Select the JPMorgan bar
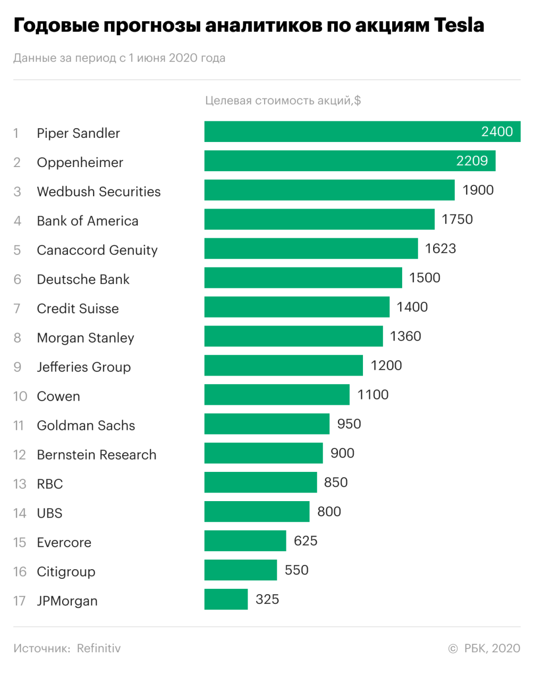(x=226, y=600)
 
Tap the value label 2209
(x=472, y=161)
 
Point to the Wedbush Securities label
(x=99, y=192)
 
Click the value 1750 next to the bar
(x=457, y=219)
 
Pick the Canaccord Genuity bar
(x=311, y=248)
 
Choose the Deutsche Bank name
(x=83, y=279)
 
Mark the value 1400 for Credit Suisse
(x=412, y=307)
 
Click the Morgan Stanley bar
(x=293, y=336)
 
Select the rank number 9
(x=18, y=367)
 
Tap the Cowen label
(x=58, y=396)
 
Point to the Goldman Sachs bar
(x=267, y=424)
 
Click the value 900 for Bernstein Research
(x=342, y=453)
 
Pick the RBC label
(x=50, y=484)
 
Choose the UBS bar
(x=257, y=512)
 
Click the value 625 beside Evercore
(x=306, y=541)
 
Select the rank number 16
(x=20, y=572)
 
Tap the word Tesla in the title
(x=459, y=25)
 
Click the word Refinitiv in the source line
(x=99, y=648)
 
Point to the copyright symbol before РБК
(x=453, y=649)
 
